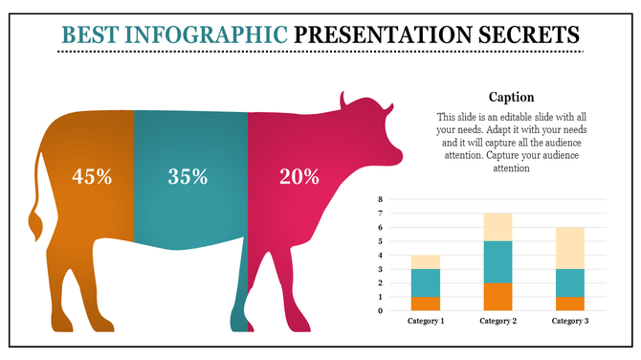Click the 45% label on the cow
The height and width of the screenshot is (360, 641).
[x=92, y=176]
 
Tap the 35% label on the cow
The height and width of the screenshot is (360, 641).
[x=188, y=176]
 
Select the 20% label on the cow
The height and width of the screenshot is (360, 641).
[x=298, y=176]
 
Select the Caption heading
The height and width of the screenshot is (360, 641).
[x=511, y=97]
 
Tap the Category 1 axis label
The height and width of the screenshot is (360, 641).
[x=426, y=321]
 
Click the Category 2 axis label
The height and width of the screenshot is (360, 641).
[x=497, y=321]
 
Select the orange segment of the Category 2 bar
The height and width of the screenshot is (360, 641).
[x=497, y=297]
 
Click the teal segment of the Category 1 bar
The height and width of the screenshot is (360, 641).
[x=426, y=282]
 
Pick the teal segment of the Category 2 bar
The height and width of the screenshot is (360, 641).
[x=497, y=261]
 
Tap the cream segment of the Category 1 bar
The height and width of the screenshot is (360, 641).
[x=426, y=262]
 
